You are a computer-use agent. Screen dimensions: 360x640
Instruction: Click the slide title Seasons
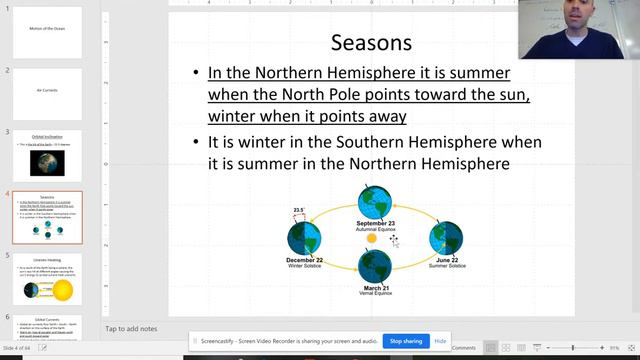[371, 42]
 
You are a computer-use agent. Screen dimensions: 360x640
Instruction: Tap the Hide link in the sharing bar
[440, 341]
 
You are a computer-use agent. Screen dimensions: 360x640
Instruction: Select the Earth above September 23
[375, 201]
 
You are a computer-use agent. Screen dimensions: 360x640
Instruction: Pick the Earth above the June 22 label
[445, 238]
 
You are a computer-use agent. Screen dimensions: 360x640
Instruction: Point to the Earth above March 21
[375, 267]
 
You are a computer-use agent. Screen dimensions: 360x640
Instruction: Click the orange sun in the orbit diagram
[372, 239]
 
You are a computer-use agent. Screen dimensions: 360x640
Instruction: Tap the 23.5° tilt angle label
[297, 211]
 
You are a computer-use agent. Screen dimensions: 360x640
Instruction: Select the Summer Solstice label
[445, 266]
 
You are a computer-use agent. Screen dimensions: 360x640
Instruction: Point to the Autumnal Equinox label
[375, 229]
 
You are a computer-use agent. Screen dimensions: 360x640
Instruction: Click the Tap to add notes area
[130, 328]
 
